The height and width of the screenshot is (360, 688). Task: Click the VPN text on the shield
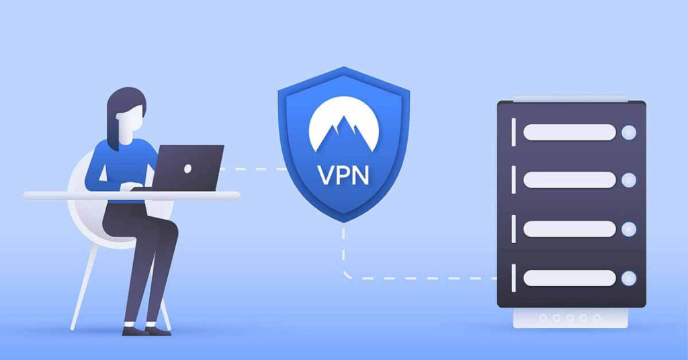(343, 175)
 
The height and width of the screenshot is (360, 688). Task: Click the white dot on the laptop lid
(188, 169)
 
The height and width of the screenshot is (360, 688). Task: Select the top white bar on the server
(570, 132)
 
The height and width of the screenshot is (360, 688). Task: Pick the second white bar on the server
(570, 180)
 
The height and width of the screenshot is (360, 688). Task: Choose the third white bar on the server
(570, 229)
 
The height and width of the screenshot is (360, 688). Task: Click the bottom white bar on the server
(570, 278)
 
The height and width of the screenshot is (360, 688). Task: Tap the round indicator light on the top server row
(629, 132)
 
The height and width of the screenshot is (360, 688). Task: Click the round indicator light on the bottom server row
(629, 278)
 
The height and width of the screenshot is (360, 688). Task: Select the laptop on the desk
(184, 169)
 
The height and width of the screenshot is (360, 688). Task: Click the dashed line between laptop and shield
(253, 169)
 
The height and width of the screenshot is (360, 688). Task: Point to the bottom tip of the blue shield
(343, 222)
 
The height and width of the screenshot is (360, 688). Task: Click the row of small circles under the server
(570, 318)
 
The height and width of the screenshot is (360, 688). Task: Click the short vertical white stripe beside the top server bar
(513, 132)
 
